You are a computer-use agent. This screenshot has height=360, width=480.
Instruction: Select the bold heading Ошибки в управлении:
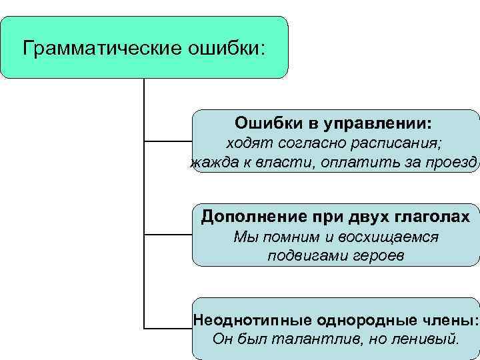[333, 123]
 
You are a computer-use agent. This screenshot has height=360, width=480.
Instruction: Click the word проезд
[453, 163]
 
